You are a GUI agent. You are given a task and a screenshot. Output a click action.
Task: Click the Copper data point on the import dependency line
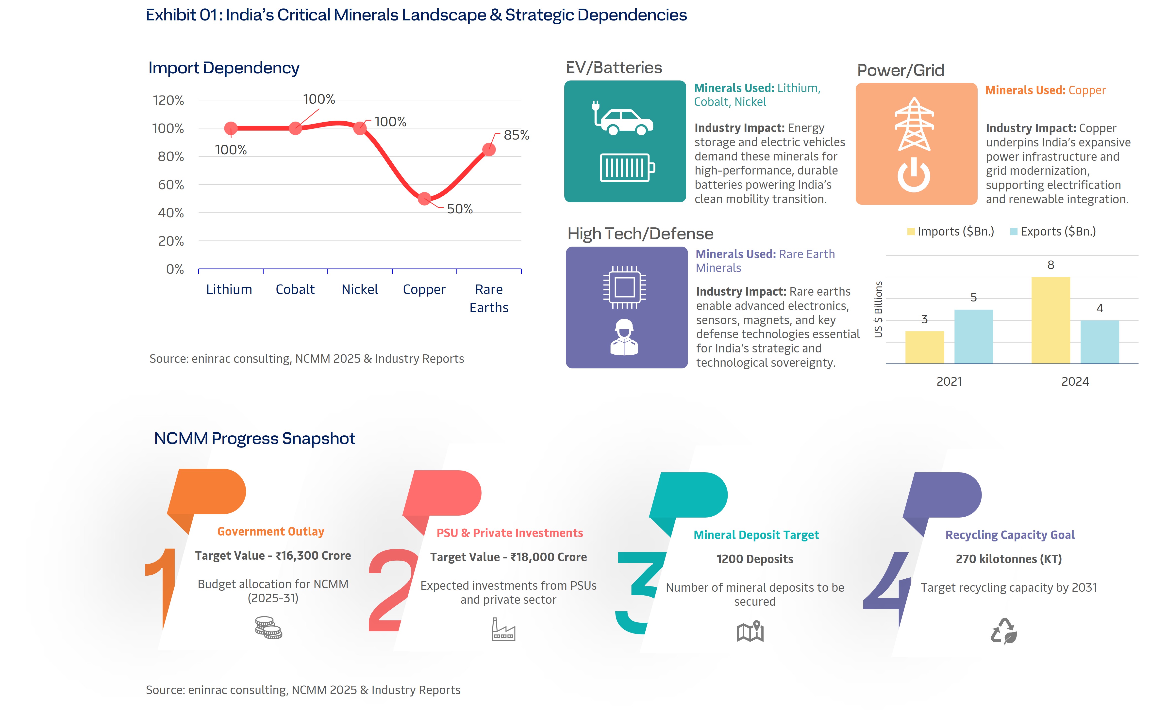click(x=424, y=198)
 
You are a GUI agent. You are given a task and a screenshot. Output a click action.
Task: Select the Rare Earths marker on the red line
click(x=488, y=149)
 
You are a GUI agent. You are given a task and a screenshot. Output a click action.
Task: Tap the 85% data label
click(x=516, y=135)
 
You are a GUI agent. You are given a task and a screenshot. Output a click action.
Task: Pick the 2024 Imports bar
click(x=1050, y=320)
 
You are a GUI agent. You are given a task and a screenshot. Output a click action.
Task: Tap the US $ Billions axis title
click(x=878, y=310)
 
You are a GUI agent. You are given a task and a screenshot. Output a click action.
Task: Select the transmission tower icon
click(x=914, y=124)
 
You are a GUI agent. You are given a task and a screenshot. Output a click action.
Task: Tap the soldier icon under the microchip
click(x=624, y=338)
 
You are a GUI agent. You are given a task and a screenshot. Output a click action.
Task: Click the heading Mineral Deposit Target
click(x=756, y=535)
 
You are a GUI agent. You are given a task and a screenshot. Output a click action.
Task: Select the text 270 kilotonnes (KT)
click(x=1009, y=559)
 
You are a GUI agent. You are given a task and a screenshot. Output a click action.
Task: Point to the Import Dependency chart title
click(x=224, y=68)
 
